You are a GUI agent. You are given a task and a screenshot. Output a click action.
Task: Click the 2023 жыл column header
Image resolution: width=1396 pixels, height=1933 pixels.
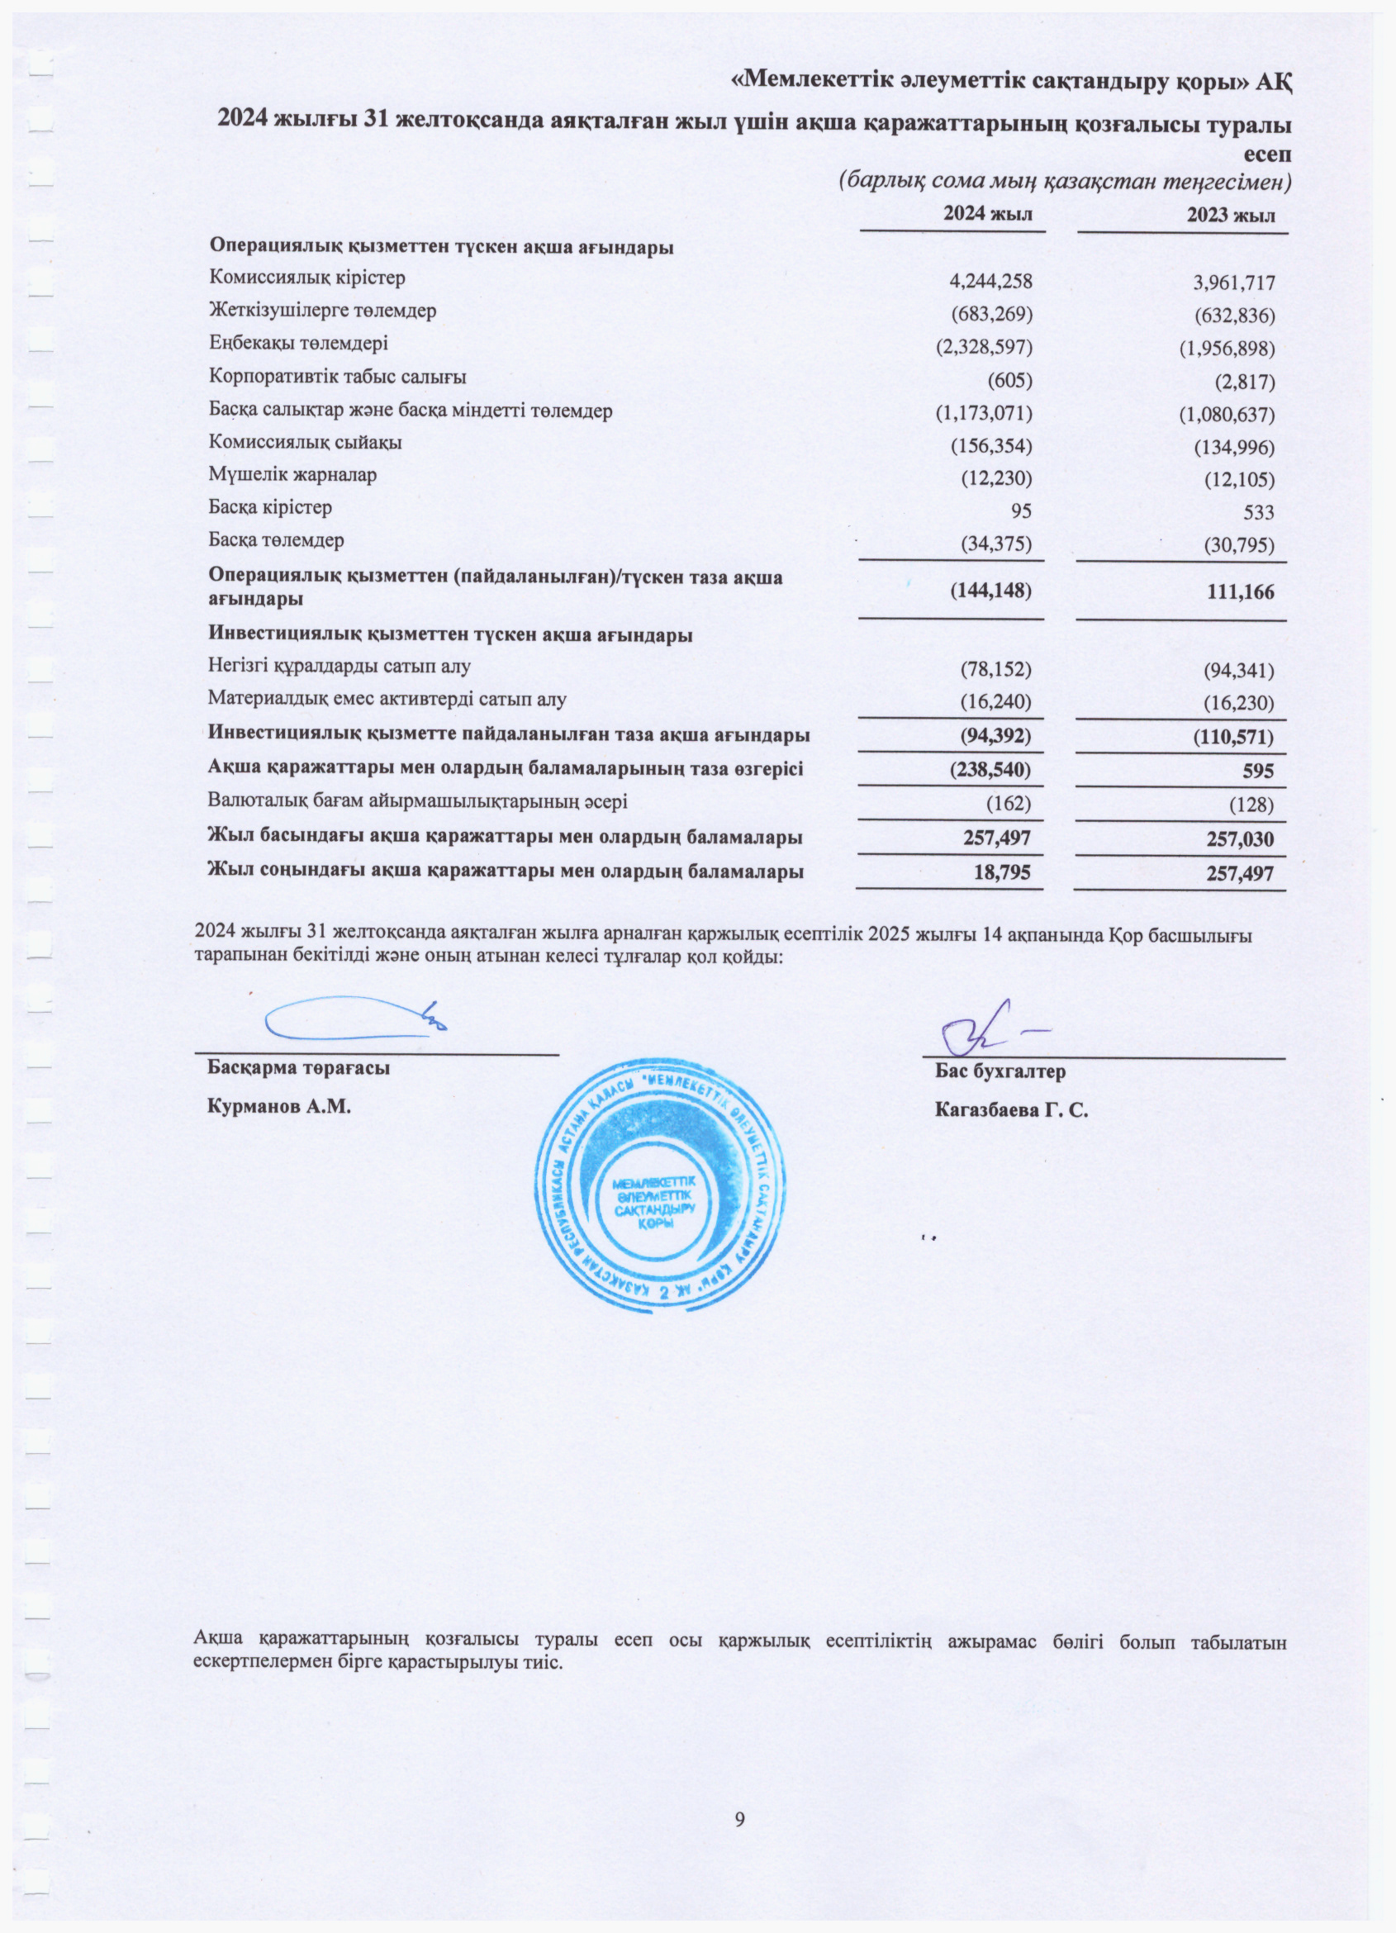[1231, 215]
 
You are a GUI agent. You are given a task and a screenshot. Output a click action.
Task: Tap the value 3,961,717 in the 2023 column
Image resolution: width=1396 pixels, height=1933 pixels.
[1233, 283]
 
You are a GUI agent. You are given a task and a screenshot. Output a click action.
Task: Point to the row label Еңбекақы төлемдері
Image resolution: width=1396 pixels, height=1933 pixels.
[298, 344]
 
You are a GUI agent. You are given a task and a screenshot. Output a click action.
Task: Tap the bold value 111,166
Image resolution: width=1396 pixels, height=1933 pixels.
[1240, 591]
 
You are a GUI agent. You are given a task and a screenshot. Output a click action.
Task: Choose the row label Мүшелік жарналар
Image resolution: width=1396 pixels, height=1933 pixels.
[292, 475]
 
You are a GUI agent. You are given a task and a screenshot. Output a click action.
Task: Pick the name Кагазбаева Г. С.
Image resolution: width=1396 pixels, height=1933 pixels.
[1011, 1109]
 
